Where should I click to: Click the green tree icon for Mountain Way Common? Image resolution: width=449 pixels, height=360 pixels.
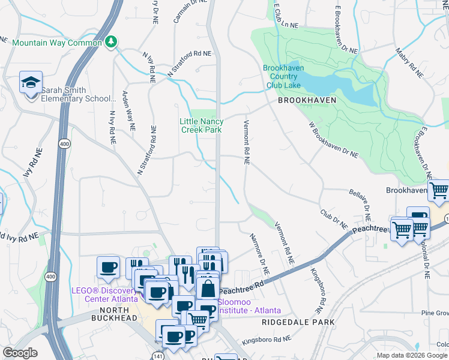(x=110, y=41)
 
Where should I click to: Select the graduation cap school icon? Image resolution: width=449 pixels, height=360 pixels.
(x=31, y=83)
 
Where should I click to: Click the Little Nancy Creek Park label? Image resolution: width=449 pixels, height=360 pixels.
(x=201, y=125)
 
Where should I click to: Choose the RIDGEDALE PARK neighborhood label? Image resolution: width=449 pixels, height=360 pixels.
(x=298, y=322)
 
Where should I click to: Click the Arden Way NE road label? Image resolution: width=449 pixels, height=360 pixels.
(x=128, y=111)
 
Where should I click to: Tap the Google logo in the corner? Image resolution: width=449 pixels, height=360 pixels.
(x=20, y=353)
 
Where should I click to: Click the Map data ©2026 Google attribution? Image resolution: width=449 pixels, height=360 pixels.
(x=412, y=355)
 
